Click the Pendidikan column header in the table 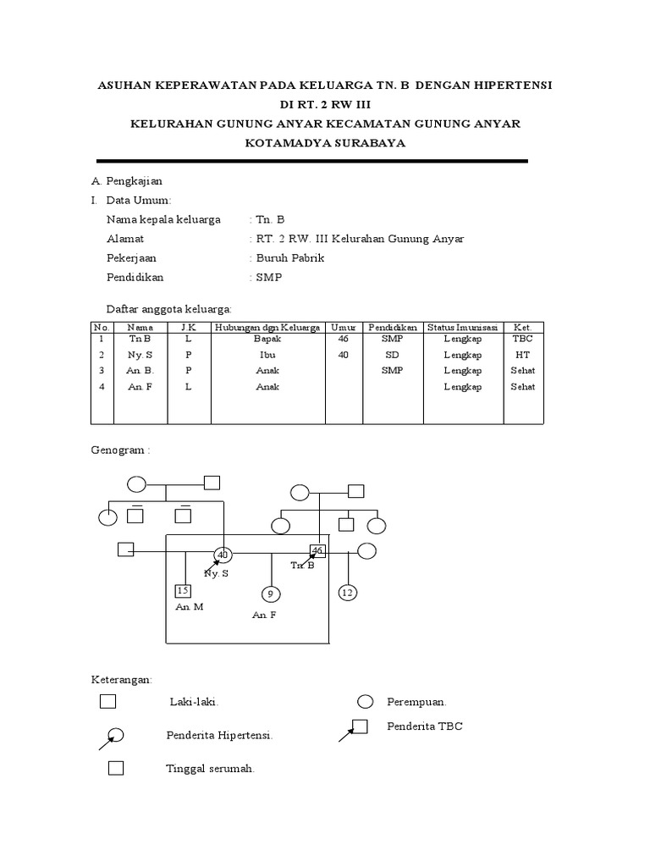tap(393, 327)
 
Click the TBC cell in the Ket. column tap(522, 339)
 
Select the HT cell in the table tap(522, 355)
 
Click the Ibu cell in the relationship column tap(267, 355)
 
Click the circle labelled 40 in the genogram tap(223, 555)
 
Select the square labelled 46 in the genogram tap(317, 550)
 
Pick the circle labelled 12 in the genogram tap(347, 592)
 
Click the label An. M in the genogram tap(190, 607)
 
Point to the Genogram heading tap(119, 450)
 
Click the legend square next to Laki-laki tap(107, 701)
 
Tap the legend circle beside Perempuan tap(365, 701)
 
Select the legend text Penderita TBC tap(425, 726)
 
